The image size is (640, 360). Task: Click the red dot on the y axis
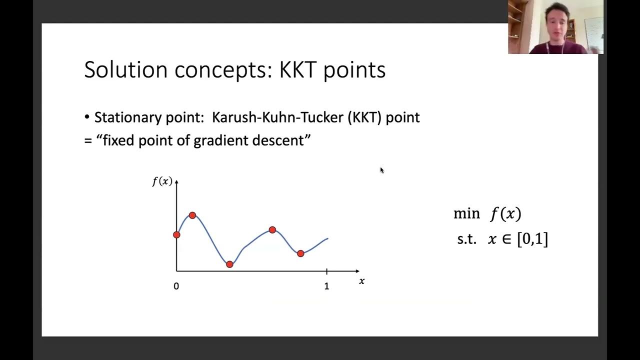(x=176, y=234)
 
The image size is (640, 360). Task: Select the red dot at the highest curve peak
(x=192, y=215)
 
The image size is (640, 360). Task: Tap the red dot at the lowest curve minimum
(x=229, y=264)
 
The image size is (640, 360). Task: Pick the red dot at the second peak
(x=272, y=230)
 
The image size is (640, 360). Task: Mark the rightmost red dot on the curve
(x=300, y=253)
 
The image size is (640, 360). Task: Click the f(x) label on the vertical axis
(x=162, y=181)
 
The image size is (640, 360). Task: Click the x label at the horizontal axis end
(x=361, y=281)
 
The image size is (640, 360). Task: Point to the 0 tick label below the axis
(x=176, y=286)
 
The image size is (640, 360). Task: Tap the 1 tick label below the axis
(x=326, y=286)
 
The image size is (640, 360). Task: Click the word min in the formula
(x=466, y=214)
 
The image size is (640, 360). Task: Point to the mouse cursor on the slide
(x=381, y=170)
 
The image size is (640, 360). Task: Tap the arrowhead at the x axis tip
(x=357, y=271)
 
